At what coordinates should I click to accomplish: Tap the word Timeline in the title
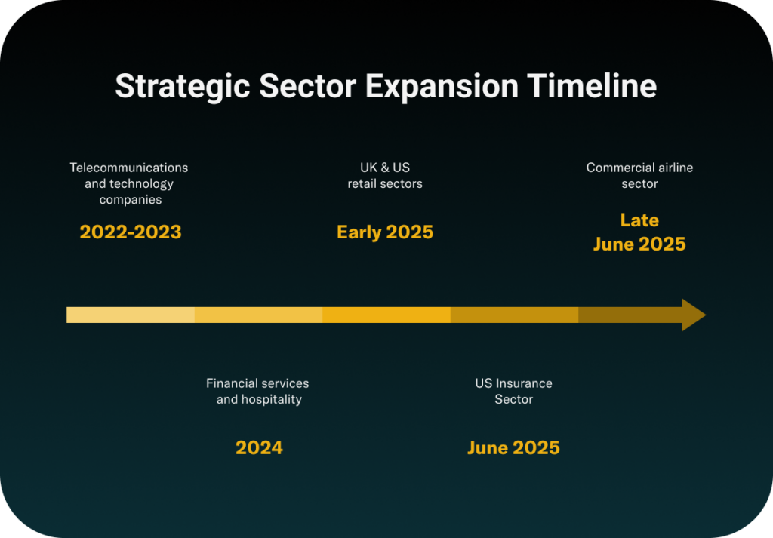coord(592,86)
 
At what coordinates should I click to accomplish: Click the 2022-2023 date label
coord(131,232)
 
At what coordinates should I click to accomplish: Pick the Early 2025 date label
coord(385,232)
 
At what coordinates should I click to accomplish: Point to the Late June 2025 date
coord(639,232)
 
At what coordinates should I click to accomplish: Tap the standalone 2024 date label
coord(260,448)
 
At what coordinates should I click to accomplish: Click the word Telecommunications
coord(128,168)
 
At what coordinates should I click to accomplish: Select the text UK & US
coord(385,168)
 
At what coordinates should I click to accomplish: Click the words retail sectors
coord(385,184)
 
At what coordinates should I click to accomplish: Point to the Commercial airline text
coord(639,168)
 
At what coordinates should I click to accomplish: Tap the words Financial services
coord(257,383)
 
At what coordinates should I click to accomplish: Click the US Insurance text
coord(513,383)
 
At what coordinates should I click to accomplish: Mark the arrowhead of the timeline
coord(694,315)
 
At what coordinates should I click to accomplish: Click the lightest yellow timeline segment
coord(131,315)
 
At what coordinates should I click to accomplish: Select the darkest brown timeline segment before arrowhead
coord(630,315)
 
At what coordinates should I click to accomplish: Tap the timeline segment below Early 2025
coord(386,315)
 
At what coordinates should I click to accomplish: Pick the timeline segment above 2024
coord(258,315)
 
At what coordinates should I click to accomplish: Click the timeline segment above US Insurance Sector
coord(514,315)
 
